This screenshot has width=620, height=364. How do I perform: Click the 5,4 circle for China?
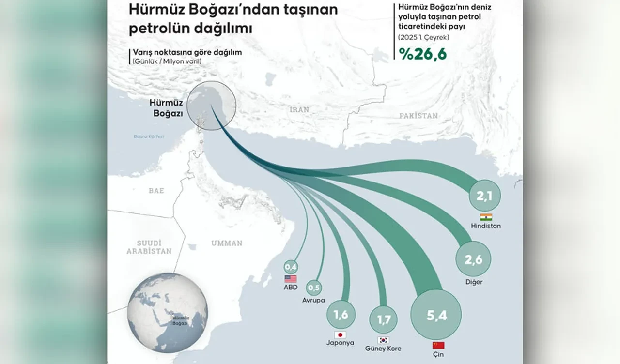[435, 315]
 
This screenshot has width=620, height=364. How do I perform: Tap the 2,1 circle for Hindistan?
[485, 196]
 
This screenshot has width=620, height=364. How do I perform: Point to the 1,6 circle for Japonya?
[341, 314]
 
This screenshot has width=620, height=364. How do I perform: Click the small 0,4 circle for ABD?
[291, 267]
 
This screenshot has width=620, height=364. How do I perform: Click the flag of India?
[485, 217]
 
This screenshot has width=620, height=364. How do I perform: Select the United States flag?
[291, 279]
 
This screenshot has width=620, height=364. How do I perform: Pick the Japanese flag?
[340, 335]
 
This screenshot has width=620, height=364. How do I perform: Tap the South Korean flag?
[384, 340]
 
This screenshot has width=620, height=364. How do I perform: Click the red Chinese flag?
[438, 346]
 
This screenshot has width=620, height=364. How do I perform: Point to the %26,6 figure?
[422, 53]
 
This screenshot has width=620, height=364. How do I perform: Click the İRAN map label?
[299, 110]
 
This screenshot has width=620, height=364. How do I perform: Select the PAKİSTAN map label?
[418, 116]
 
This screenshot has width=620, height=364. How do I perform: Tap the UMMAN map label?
[227, 243]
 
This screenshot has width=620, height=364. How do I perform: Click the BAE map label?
[156, 191]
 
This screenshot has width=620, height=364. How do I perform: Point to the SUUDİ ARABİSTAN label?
[149, 247]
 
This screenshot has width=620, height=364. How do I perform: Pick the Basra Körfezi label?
[149, 136]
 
